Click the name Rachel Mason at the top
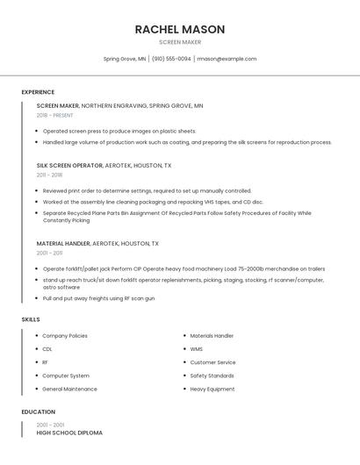[x=180, y=29]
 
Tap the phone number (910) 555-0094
[x=171, y=59]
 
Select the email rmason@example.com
[x=227, y=59]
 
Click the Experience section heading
[x=38, y=92]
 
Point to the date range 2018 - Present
[x=55, y=115]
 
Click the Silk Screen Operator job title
[x=69, y=165]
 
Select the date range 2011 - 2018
[x=49, y=175]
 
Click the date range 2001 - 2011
[x=49, y=253]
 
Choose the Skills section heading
[x=31, y=319]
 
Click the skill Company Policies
[x=65, y=336]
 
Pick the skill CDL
[x=47, y=349]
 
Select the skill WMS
[x=197, y=349]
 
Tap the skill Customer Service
[x=213, y=362]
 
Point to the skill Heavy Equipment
[x=212, y=389]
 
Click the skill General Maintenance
[x=69, y=389]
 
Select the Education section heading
[x=39, y=411]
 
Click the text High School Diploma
[x=69, y=433]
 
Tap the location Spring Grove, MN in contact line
[x=125, y=59]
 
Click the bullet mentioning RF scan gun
[x=98, y=298]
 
